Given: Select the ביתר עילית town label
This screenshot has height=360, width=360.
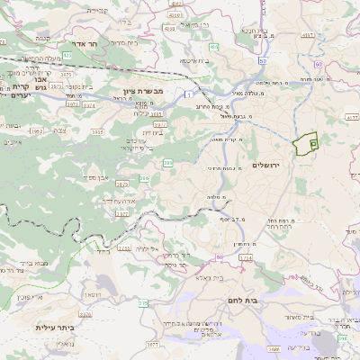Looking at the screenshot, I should [53, 327].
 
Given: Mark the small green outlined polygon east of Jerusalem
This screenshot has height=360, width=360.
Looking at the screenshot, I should [307, 141].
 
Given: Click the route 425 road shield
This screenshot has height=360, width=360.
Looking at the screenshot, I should [67, 56].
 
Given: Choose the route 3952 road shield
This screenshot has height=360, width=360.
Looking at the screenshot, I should [36, 131].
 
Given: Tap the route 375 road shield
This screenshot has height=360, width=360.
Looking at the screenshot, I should [142, 303].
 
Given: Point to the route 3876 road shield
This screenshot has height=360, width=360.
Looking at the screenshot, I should [85, 315].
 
